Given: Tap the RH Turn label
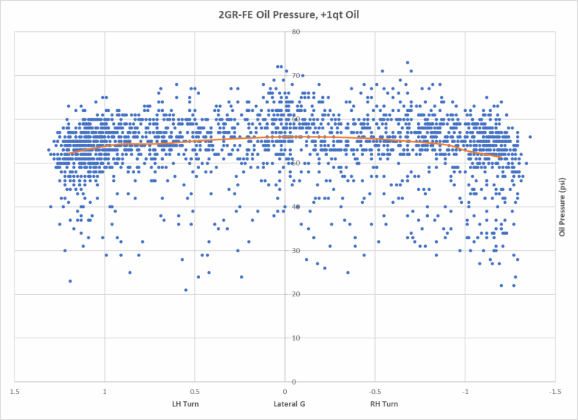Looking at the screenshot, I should pos(384,403).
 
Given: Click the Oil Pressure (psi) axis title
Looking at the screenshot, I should pos(561,206).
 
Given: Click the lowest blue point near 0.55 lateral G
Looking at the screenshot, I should pos(186,290).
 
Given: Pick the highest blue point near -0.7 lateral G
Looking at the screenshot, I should pos(407,62).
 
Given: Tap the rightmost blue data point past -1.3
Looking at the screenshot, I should pos(530,137).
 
